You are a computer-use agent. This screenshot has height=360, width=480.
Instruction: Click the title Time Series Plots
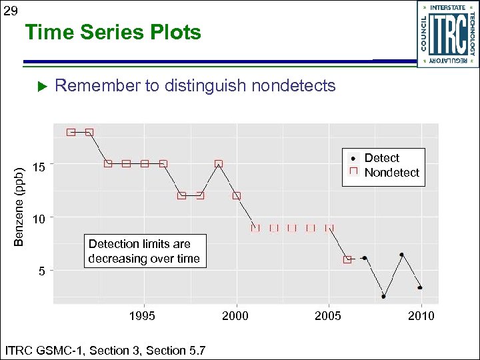coord(113,33)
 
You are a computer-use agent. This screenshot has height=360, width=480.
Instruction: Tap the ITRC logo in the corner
coord(447,33)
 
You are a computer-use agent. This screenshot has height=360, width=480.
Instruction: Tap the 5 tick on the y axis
coord(42,271)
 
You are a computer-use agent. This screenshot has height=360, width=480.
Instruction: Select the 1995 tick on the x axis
coord(142,316)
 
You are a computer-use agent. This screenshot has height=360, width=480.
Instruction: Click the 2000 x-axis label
coord(235,316)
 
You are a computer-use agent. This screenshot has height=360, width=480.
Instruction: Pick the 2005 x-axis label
coord(328,316)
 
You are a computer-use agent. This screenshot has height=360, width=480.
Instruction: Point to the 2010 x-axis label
coord(421,316)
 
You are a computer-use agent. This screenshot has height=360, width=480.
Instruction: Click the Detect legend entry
coord(381,158)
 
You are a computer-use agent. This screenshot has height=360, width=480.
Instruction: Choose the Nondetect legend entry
coord(391,173)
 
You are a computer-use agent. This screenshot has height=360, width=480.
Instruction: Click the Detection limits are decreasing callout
coord(144,251)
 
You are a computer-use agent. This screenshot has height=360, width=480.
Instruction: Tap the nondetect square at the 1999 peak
coord(218,163)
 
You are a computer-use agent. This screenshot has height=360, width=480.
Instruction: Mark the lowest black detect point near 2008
coord(383,296)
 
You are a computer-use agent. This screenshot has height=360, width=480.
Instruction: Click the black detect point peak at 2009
coord(401,255)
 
